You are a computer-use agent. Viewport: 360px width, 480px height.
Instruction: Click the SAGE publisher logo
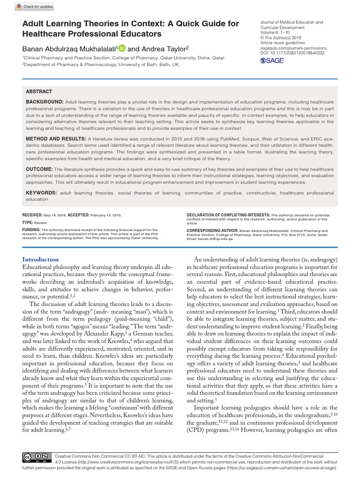(271, 60)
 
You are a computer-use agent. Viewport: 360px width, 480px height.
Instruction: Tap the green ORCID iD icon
(122, 48)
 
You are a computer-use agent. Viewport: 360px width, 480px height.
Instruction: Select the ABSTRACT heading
(39, 91)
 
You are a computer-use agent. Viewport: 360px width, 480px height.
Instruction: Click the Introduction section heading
(41, 259)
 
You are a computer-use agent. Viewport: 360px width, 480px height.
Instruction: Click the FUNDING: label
(31, 230)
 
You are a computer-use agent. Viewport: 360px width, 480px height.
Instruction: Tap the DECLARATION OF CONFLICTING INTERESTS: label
(228, 214)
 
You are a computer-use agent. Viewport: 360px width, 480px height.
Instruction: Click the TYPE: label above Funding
(28, 223)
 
